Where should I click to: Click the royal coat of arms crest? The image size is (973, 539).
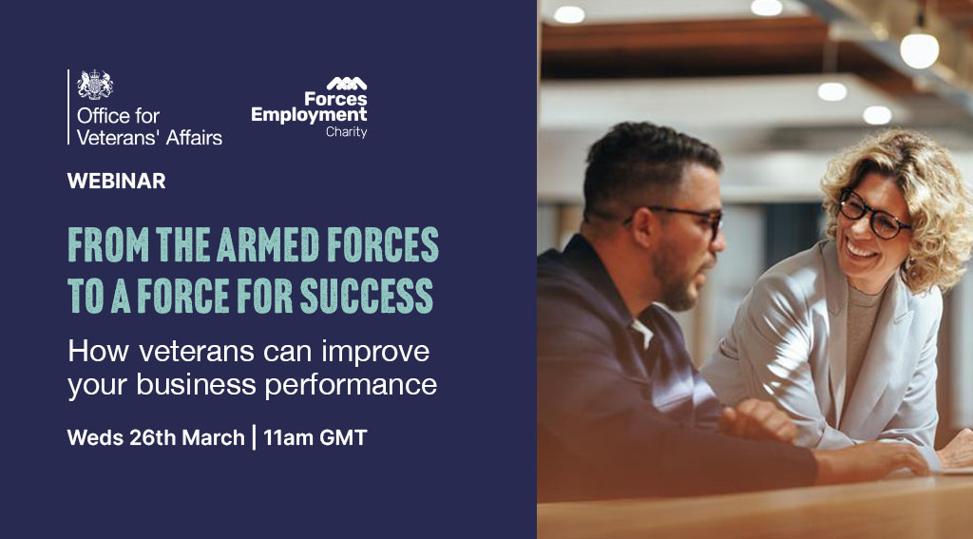(94, 86)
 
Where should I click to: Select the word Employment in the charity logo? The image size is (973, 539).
(309, 115)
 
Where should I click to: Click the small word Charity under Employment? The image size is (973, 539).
(346, 132)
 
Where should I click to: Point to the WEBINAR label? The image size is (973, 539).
(116, 181)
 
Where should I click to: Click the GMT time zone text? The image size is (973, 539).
(344, 438)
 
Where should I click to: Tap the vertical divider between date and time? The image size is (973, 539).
(254, 438)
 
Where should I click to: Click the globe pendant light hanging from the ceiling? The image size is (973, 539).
(919, 49)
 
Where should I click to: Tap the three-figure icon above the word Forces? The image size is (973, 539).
(347, 84)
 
